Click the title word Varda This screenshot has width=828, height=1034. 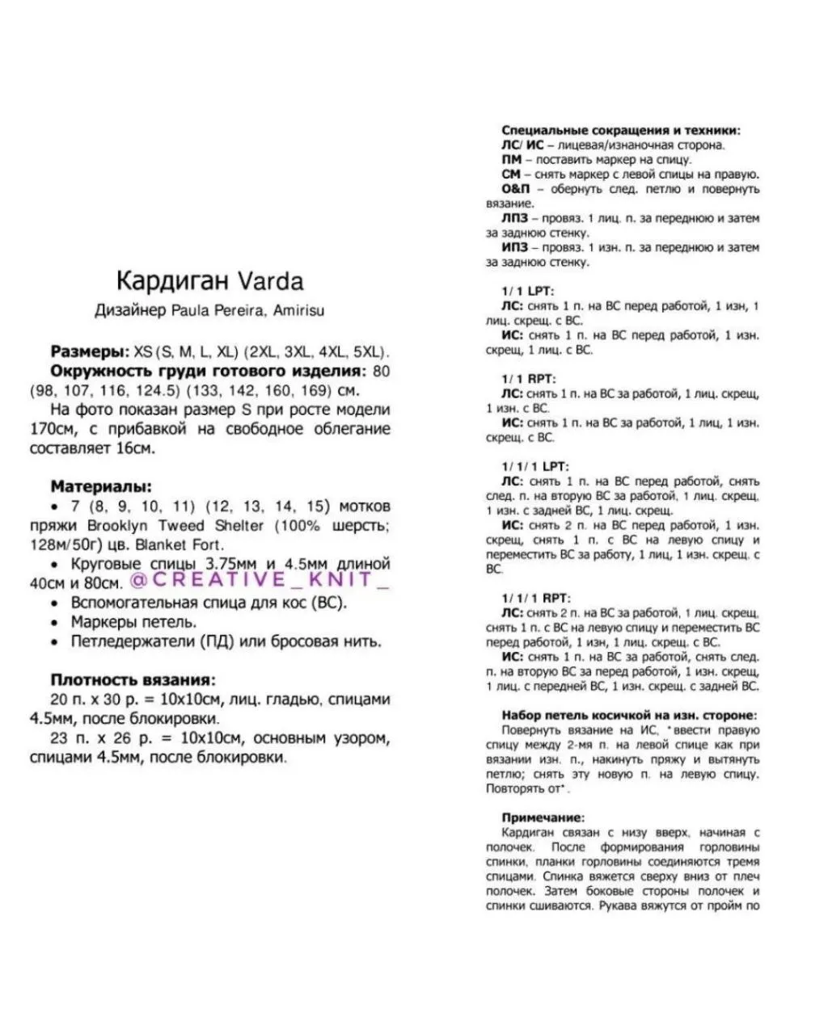click(x=270, y=281)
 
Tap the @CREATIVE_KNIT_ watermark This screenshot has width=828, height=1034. click(x=260, y=580)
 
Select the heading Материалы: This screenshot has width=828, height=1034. click(x=101, y=486)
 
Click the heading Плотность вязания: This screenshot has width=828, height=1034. click(x=133, y=680)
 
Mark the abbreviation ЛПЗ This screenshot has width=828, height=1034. click(x=514, y=218)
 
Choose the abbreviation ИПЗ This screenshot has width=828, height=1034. click(x=514, y=247)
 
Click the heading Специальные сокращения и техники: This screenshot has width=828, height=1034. click(x=620, y=130)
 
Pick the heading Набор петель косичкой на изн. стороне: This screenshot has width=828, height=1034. click(x=629, y=716)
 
